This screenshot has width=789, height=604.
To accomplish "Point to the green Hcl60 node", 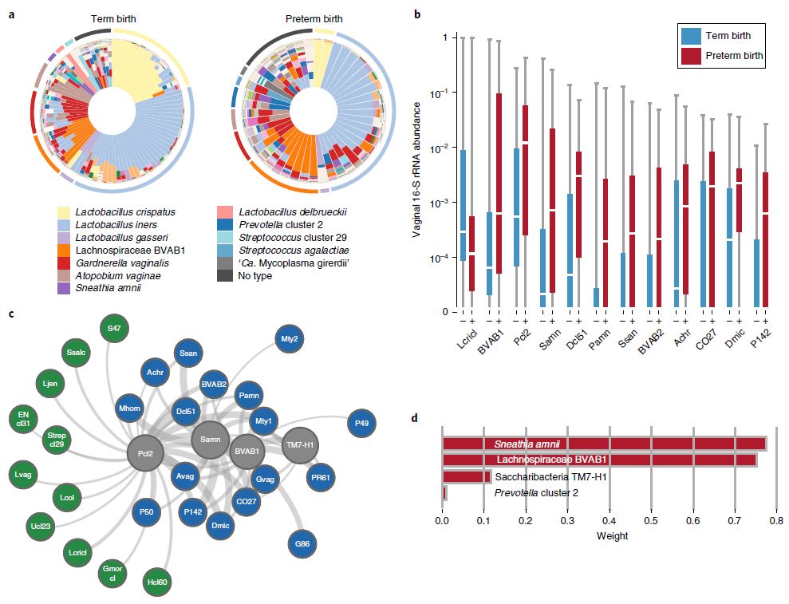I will pyautogui.click(x=158, y=582).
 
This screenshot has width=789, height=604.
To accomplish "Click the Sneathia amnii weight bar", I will pyautogui.click(x=603, y=444).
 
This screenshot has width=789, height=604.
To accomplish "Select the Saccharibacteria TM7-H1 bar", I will pyautogui.click(x=467, y=476).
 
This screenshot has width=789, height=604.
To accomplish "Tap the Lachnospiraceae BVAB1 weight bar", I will pyautogui.click(x=598, y=460).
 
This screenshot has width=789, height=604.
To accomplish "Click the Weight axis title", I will pyautogui.click(x=612, y=535).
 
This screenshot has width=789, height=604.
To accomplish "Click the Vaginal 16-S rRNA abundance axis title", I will pyautogui.click(x=416, y=173).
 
